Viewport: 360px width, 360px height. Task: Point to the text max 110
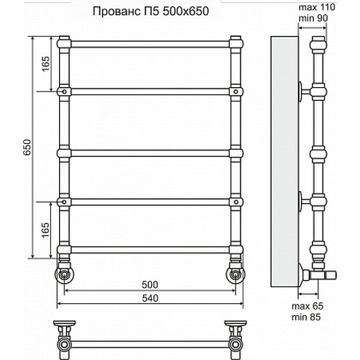tap(317, 6)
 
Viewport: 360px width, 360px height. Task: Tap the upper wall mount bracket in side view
tap(305, 92)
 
